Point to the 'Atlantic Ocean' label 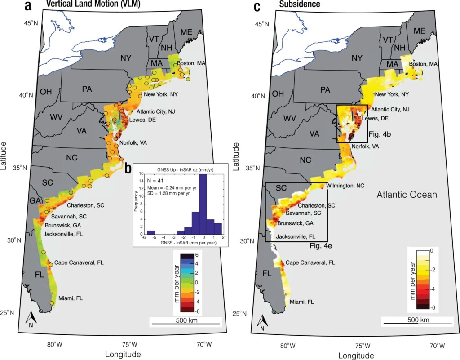click(x=406, y=195)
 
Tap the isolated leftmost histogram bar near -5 click(x=151, y=232)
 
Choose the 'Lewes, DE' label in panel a click(x=142, y=120)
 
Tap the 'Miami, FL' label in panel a click(x=70, y=298)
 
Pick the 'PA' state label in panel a click(x=87, y=89)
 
